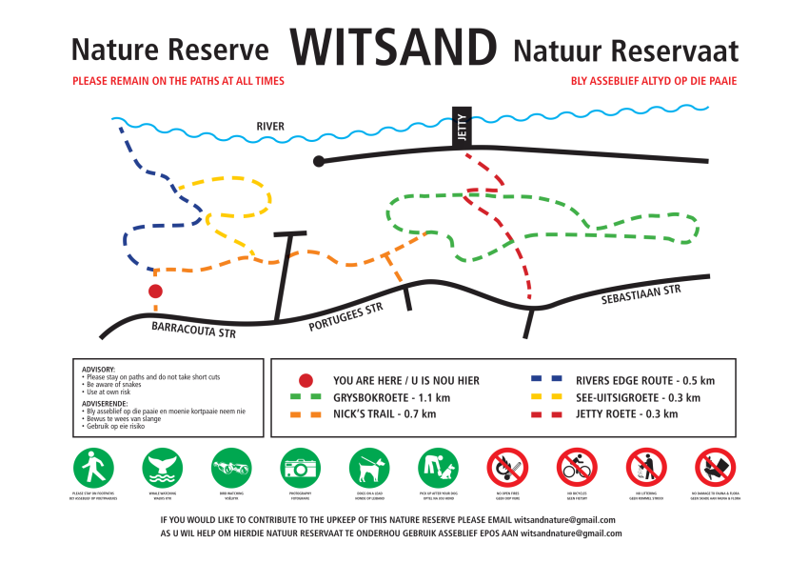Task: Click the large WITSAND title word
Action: coord(393,46)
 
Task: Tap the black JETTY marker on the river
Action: coord(462,127)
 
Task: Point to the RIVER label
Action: coord(269,127)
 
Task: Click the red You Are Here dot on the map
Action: coord(155,292)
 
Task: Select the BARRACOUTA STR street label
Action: coord(193,330)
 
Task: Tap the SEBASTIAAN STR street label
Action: coord(641,295)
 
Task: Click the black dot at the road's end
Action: coord(320,161)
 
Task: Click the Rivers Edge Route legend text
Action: coord(645,380)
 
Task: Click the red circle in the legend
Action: coord(306,380)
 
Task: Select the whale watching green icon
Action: coord(162,468)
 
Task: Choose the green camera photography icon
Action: coord(300,468)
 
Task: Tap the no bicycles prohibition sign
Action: coord(575,468)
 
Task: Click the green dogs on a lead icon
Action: coord(368,468)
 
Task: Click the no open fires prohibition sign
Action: coord(506,468)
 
